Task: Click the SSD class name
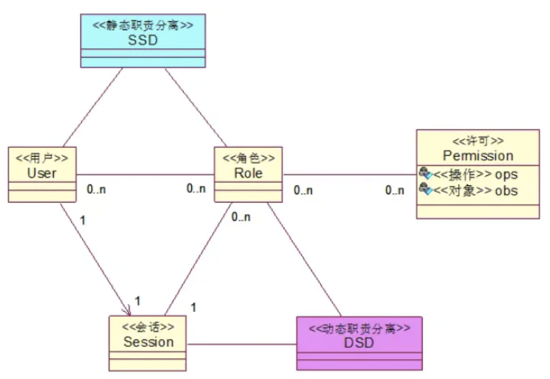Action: tap(142, 40)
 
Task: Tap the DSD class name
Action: tap(359, 343)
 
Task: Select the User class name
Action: tap(42, 173)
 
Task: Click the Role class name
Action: tap(248, 173)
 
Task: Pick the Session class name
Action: tap(148, 342)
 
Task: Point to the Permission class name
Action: tap(478, 155)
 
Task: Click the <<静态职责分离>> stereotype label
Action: tap(143, 25)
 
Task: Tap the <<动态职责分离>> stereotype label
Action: tap(359, 329)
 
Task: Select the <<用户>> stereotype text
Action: tap(42, 159)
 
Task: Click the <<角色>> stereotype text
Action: tap(249, 159)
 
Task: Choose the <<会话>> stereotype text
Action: tap(148, 327)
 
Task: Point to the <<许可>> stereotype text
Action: tap(478, 141)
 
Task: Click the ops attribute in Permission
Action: tap(506, 175)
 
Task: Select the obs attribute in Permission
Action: tap(506, 190)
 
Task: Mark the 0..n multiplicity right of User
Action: tap(96, 189)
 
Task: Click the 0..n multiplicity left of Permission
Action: tap(395, 190)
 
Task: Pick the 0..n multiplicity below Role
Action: tap(241, 217)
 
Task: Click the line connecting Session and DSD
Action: tap(241, 344)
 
